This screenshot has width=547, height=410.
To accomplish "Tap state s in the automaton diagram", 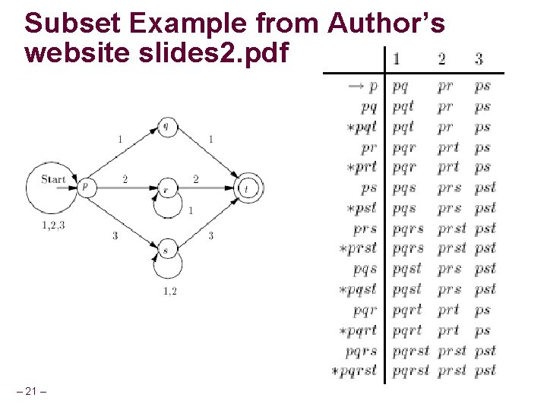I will [166, 248].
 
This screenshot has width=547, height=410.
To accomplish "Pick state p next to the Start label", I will [87, 186].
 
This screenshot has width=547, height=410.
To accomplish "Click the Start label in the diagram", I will [53, 180].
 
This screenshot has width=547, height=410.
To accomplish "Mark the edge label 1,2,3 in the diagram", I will [52, 225].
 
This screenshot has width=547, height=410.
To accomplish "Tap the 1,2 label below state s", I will [169, 291].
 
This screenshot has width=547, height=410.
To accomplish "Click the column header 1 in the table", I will [397, 58].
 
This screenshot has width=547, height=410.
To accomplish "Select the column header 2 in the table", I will [442, 58].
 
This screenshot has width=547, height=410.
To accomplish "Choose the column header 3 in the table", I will [479, 58].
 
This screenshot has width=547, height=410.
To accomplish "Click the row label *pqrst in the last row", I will [354, 371].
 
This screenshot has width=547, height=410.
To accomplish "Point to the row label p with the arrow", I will [363, 87].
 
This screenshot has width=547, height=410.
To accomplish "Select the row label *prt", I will [361, 168].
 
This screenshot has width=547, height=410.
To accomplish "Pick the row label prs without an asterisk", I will [365, 229].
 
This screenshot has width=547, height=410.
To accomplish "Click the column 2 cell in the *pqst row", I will [449, 290].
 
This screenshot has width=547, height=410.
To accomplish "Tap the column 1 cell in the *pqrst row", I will [410, 371].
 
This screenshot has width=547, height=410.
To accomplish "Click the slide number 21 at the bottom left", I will [31, 391].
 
